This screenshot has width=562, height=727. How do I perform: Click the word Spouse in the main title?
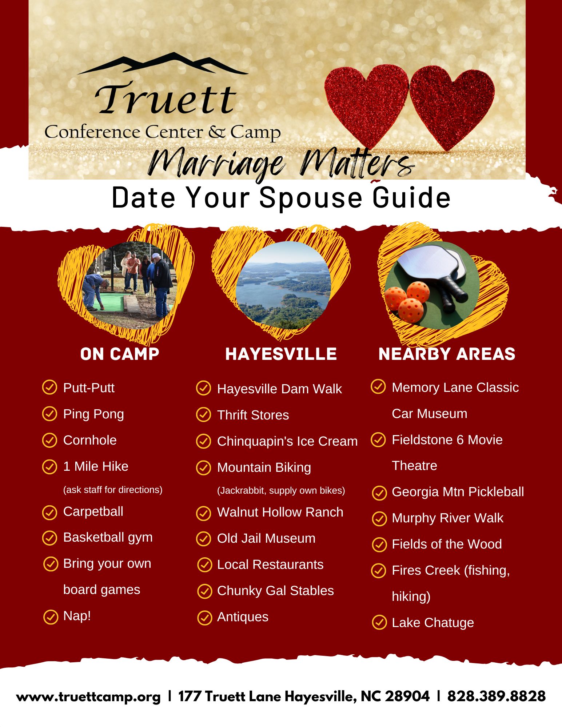coord(311,197)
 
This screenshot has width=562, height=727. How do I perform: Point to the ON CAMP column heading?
coord(120,354)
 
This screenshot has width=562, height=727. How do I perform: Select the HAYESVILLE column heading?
coord(281,354)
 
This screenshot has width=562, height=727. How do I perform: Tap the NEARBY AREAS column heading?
coord(447,354)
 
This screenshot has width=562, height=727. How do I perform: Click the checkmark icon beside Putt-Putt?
coord(50,387)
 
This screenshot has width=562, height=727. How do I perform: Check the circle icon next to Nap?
coord(51,616)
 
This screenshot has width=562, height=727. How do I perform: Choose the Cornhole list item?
coord(90,440)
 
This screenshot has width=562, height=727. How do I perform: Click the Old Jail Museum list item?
coord(266,538)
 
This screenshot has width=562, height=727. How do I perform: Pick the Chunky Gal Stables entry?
coord(275,591)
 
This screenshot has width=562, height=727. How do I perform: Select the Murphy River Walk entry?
coord(447,518)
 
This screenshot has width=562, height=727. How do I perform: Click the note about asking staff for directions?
coord(113,490)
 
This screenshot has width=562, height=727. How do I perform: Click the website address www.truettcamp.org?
coord(88,697)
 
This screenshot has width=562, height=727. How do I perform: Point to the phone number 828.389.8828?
coord(497,696)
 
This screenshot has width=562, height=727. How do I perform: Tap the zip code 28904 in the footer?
coord(407,696)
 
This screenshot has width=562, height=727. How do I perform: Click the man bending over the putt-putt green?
coord(96,291)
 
